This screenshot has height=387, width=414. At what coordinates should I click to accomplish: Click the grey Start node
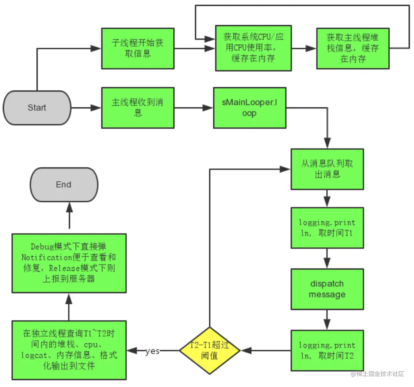tap(37, 108)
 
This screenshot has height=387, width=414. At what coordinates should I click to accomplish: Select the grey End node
tap(64, 184)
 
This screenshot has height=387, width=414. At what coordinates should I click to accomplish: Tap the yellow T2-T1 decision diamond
tap(210, 351)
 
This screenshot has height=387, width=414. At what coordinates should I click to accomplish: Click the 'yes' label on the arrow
tap(152, 351)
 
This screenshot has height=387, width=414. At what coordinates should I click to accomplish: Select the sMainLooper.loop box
tap(249, 108)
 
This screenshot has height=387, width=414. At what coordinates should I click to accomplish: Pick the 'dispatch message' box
tap(327, 289)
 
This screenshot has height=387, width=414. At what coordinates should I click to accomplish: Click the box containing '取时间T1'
tap(327, 228)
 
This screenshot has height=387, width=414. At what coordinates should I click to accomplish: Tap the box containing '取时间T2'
tap(327, 351)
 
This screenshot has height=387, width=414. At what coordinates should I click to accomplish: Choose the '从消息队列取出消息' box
tap(327, 169)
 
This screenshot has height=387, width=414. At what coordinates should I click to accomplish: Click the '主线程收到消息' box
tap(138, 108)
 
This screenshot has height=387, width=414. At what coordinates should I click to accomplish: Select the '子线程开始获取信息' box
tap(138, 48)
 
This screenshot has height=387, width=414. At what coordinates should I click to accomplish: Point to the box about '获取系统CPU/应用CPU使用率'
tap(253, 48)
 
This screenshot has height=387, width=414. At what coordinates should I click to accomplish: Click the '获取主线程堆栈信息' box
tap(353, 48)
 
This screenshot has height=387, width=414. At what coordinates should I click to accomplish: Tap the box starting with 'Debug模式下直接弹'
tap(69, 263)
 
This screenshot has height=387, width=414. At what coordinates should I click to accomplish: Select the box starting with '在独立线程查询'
tap(69, 350)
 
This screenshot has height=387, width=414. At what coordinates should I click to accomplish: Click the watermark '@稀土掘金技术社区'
tap(377, 374)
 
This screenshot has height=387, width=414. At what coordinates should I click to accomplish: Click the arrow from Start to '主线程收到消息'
tap(86, 108)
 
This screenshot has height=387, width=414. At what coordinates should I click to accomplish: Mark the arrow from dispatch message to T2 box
tap(327, 320)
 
